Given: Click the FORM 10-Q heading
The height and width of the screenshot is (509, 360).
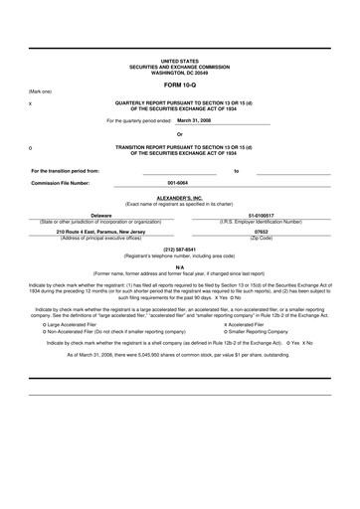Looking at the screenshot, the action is [x=179, y=85].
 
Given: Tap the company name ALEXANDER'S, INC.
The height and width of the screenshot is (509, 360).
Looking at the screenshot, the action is [x=179, y=197].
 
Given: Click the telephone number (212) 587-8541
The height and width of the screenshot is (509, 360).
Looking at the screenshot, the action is [x=179, y=249].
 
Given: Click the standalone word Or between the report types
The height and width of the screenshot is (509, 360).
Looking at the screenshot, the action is [x=179, y=135].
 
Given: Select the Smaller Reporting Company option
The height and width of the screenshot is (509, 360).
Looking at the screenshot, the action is [x=259, y=331].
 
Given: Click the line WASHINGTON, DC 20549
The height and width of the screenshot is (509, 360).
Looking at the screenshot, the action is [x=179, y=73].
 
